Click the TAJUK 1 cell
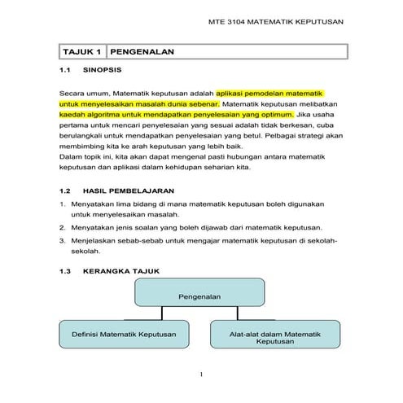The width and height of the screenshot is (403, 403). tap(81, 52)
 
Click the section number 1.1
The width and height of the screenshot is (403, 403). tap(67, 72)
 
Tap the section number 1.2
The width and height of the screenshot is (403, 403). tap(67, 191)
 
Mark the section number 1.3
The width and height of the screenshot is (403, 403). tap(67, 269)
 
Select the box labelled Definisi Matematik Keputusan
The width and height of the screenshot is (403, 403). tap(125, 334)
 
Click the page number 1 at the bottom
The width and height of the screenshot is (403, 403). tap(201, 375)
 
